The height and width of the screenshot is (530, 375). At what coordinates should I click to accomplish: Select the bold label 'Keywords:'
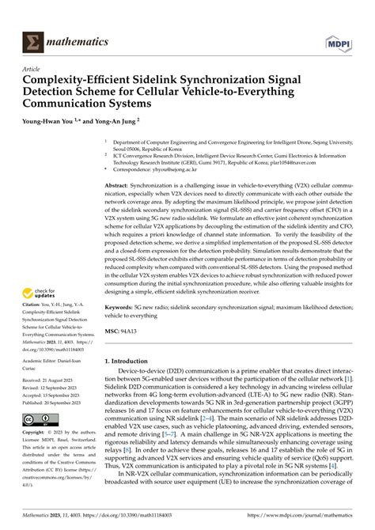[123, 305]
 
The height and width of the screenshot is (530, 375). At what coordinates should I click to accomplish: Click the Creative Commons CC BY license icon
[39, 418]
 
